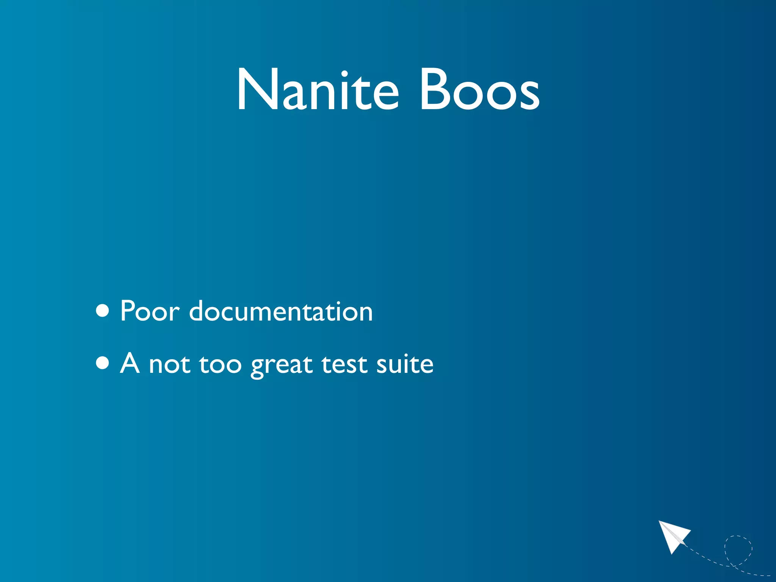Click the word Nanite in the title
[x=318, y=90]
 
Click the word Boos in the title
[x=479, y=90]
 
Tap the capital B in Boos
[x=435, y=90]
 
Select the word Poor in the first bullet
[x=149, y=311]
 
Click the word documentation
[x=281, y=311]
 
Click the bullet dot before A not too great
[x=103, y=363]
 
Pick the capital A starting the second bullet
[x=130, y=363]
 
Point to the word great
[x=282, y=365]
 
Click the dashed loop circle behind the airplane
[x=738, y=550]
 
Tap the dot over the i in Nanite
[x=344, y=73]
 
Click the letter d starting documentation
[x=197, y=311]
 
